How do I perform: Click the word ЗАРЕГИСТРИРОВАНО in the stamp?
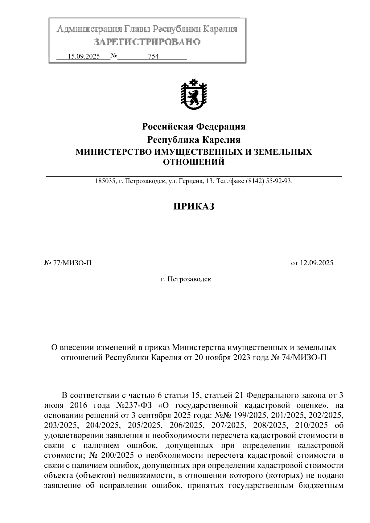(147, 42)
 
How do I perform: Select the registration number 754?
(153, 56)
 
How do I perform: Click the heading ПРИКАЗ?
(193, 206)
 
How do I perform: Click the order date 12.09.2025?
(317, 263)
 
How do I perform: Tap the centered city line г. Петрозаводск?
(186, 280)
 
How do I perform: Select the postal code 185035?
(105, 181)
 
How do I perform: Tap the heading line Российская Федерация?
(194, 127)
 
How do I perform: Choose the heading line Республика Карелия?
(194, 140)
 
